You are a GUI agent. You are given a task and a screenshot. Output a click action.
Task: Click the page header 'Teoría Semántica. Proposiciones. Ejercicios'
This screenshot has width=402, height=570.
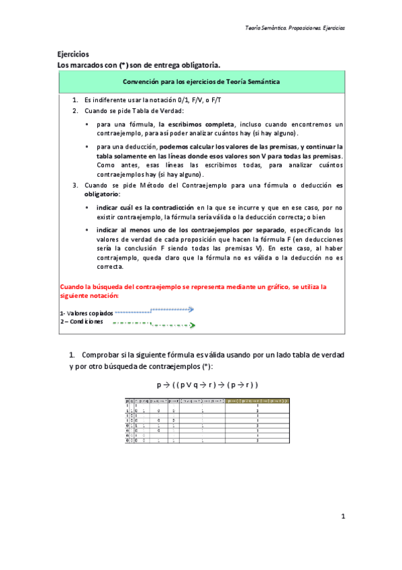point(295,28)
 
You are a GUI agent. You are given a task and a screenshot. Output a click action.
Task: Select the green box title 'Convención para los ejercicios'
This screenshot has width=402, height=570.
point(201,81)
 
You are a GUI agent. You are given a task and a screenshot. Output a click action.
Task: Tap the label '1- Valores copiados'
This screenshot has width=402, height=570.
point(86,313)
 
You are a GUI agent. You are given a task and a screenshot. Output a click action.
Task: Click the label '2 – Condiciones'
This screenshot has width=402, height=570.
point(81,322)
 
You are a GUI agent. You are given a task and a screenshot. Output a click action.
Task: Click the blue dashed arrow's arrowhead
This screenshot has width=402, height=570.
point(191,310)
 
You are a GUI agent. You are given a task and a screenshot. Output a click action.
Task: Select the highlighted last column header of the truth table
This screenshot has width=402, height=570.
point(258,401)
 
